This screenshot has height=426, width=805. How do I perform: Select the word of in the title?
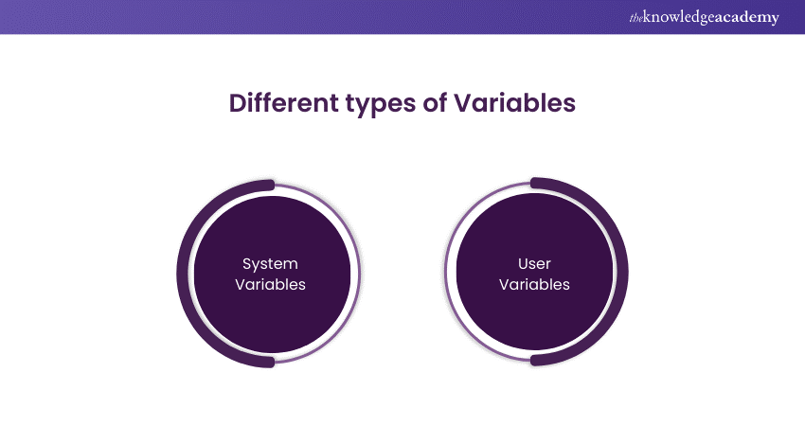(x=435, y=103)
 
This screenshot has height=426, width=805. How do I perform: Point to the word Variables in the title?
(x=517, y=103)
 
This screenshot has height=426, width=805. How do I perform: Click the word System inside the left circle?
(x=270, y=263)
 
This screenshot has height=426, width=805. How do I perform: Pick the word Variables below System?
(x=270, y=284)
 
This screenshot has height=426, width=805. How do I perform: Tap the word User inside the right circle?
(x=534, y=263)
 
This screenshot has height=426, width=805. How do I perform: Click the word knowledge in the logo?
(x=685, y=18)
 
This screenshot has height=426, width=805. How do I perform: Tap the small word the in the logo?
(x=636, y=18)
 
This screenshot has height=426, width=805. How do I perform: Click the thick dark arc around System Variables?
(x=184, y=274)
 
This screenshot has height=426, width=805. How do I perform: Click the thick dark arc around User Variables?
(x=621, y=274)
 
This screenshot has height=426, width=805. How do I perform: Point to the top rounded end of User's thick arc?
(x=536, y=183)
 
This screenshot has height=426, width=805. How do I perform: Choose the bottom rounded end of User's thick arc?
(x=536, y=361)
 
